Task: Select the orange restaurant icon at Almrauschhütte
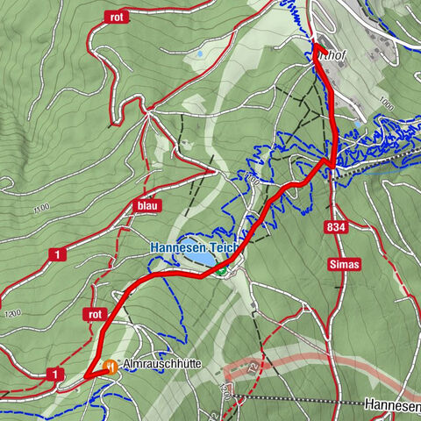[x=111, y=367]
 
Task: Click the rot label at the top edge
[x=116, y=17]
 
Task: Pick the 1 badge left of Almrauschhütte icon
[x=57, y=375]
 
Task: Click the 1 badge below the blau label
[x=58, y=254]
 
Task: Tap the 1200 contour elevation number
[x=12, y=313]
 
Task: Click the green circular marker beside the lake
[x=221, y=272]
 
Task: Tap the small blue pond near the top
[x=201, y=54]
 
